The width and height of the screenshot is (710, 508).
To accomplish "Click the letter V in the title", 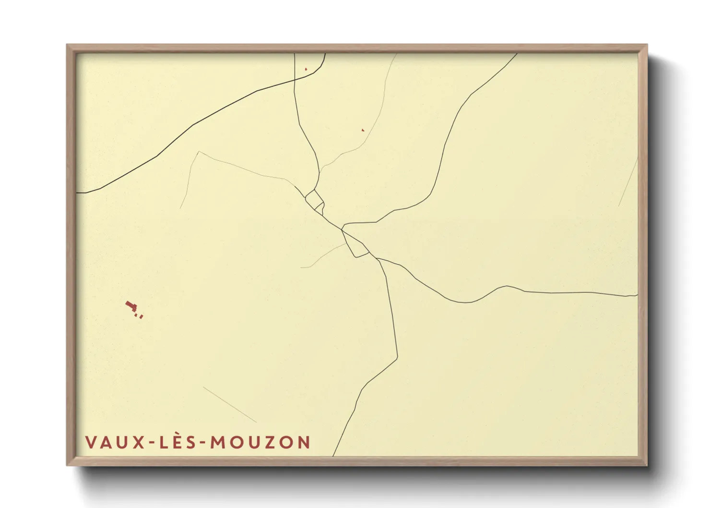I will [x=91, y=442].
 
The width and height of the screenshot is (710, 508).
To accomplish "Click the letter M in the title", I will [x=218, y=442].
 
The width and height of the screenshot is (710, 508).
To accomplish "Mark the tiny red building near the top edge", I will [x=306, y=69].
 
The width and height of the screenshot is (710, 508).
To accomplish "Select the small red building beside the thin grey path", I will [x=363, y=130].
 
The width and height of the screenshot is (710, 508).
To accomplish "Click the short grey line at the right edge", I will [x=628, y=182].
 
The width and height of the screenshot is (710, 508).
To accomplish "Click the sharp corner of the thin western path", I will [x=198, y=152].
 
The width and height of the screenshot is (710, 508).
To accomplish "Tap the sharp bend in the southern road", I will [x=397, y=357].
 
